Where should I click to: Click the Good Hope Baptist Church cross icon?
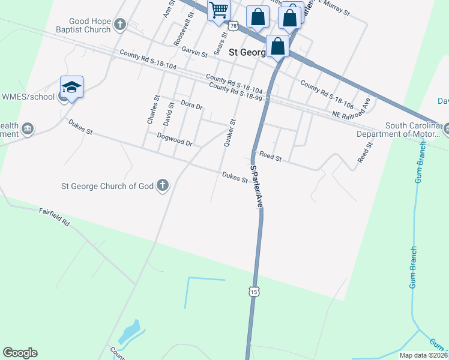pos(120,25)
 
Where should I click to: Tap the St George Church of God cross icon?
pos(162,186)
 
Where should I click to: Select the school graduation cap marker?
pos(71,87)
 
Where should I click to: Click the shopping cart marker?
pos(218,10)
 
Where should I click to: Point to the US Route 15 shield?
pos(254,292)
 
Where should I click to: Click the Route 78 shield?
pos(233,25)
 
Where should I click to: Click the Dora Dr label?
pos(192,105)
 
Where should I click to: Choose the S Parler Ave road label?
pos(258,186)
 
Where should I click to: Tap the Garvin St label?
pos(194,53)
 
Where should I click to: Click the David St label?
pos(169,113)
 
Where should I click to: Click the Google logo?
pos(20,353)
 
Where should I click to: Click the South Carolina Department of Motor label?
pos(409,130)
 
